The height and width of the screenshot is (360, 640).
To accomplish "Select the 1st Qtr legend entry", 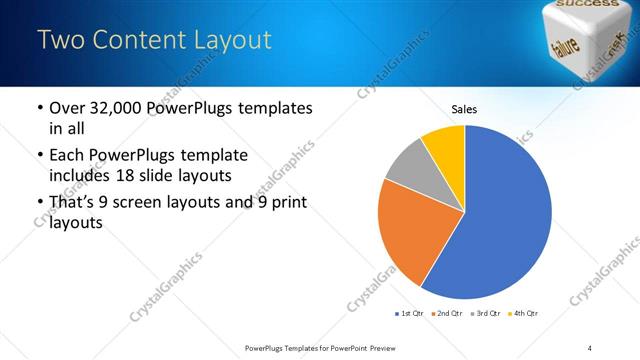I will click(x=410, y=314).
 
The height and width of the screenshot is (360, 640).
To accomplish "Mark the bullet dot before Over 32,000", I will click(x=38, y=108).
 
